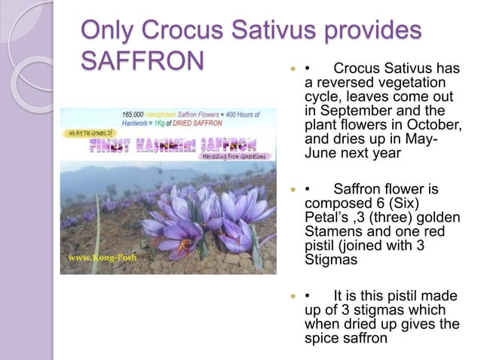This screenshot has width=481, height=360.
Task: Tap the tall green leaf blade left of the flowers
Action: pos(97,226)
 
